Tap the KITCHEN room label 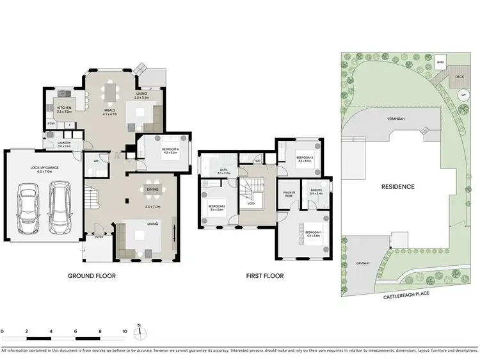point(64,108)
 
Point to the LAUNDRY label point(64,144)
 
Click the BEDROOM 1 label point(312,233)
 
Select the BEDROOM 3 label point(304,158)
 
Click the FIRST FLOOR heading point(265,276)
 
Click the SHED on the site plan point(440,63)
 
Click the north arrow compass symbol point(139,332)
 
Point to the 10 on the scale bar point(125,331)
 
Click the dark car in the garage point(27,209)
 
